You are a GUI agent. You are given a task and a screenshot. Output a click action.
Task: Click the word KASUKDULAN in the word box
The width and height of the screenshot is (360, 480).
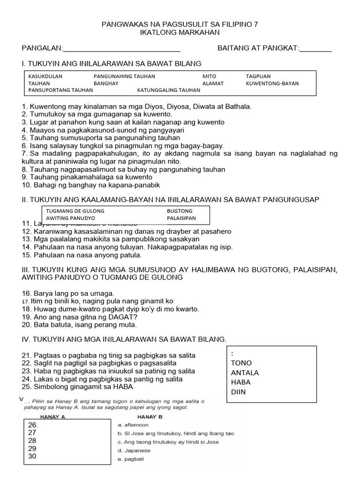pos(45,76)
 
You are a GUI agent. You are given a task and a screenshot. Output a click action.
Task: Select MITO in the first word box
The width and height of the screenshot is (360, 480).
pos(210,76)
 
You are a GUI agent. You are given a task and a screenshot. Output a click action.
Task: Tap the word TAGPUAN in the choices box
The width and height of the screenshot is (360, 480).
pos(258,76)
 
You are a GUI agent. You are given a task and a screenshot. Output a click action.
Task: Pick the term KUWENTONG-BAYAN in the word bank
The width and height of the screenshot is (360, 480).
pos(272,83)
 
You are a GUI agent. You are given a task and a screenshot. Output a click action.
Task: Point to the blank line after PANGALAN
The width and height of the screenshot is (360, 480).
pos(121,48)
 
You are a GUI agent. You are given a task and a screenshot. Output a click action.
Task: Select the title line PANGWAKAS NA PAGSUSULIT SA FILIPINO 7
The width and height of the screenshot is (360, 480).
pos(180,24)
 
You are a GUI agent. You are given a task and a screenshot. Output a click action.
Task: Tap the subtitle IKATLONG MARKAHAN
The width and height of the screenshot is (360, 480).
pos(180,32)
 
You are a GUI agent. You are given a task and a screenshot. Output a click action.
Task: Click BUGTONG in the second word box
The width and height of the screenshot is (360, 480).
pos(180,211)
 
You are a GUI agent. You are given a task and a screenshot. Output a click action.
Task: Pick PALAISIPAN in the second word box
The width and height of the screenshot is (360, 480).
pos(181,218)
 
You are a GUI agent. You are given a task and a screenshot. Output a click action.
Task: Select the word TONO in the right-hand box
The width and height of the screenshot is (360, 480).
pos(241,363)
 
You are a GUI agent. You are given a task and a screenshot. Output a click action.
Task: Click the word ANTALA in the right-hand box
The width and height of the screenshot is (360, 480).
pos(245,373)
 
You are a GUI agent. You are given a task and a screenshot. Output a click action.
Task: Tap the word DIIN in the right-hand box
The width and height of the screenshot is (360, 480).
pos(238,392)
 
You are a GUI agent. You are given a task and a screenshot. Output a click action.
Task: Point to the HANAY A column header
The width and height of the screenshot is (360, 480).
pos(53,416)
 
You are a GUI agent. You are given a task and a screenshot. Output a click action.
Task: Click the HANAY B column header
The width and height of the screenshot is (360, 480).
pos(150,416)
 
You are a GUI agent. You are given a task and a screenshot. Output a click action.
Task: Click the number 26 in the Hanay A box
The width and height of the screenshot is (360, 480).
pos(33,425)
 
